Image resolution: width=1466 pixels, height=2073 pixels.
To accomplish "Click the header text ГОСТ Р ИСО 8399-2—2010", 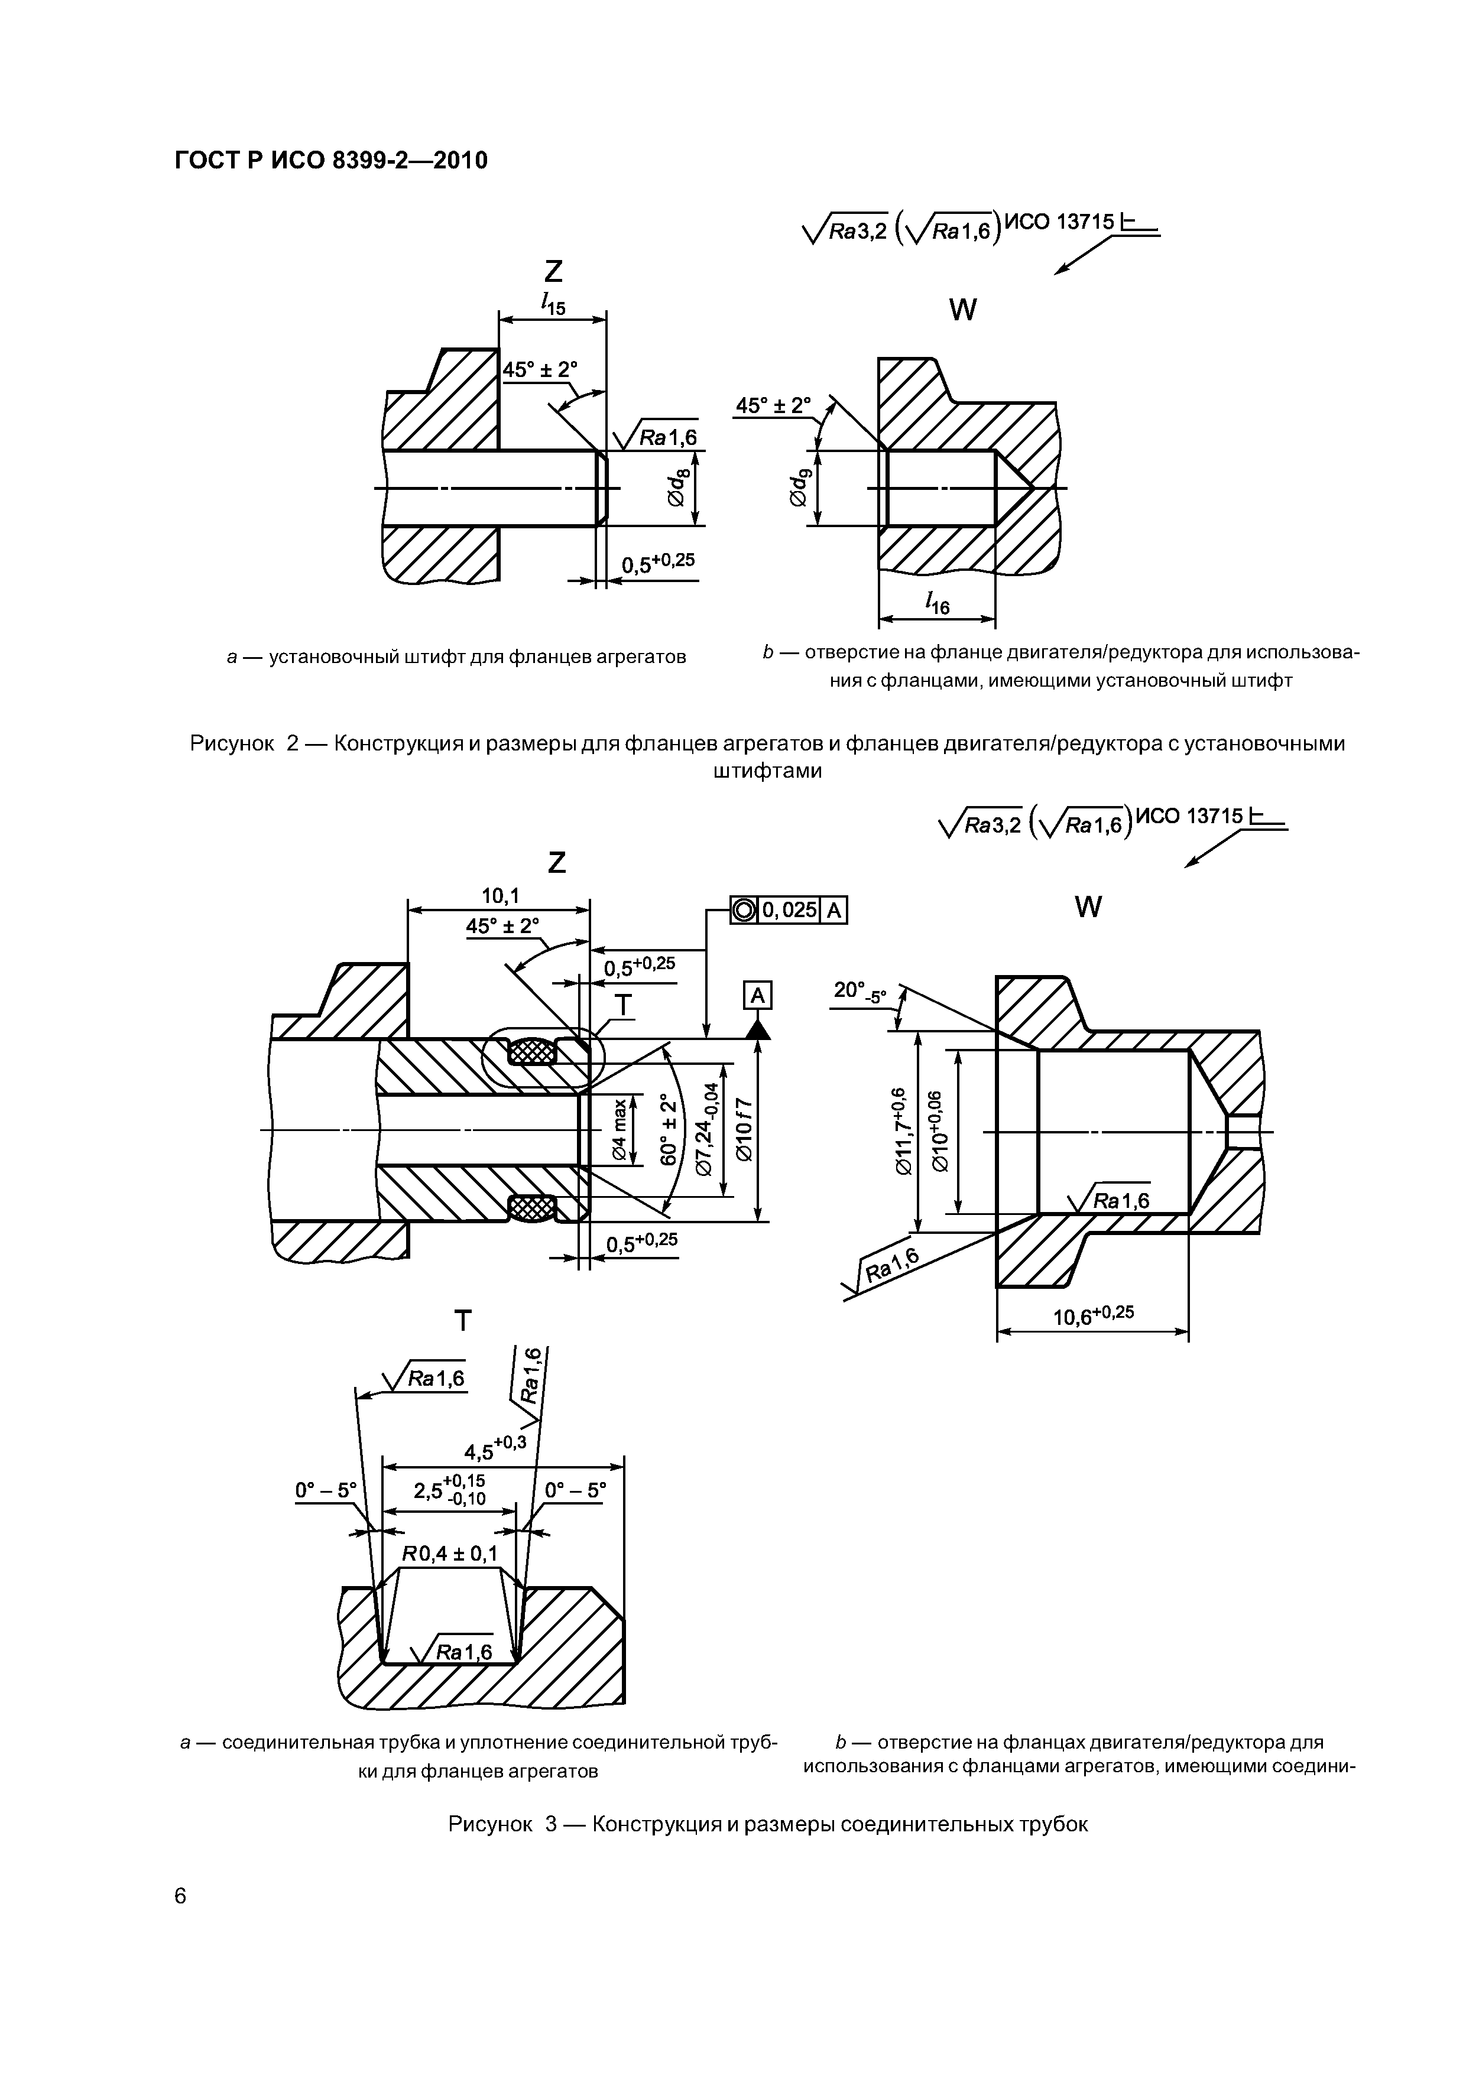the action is click(x=330, y=161).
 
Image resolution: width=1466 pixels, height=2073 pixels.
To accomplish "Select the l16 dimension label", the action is click(x=938, y=602).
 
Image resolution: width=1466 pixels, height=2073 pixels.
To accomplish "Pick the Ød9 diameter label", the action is click(x=800, y=488).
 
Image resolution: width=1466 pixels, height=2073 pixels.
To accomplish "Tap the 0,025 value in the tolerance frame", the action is click(x=790, y=910).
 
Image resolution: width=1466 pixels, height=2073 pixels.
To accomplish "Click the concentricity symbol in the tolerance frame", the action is click(x=744, y=910).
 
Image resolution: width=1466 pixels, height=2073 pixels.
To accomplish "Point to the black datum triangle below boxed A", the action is click(x=758, y=1028).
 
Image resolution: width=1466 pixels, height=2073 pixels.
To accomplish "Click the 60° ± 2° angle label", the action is click(x=669, y=1129).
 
